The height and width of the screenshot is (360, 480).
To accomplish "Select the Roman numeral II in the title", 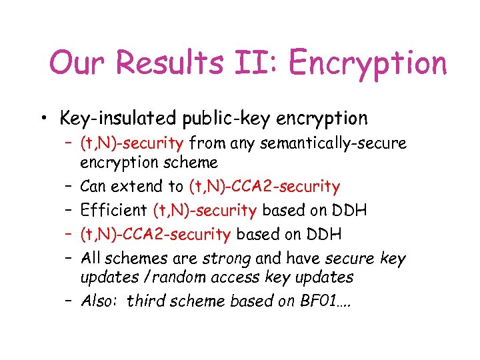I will pyautogui.click(x=261, y=63).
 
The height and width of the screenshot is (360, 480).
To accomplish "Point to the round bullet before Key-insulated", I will pyautogui.click(x=43, y=119).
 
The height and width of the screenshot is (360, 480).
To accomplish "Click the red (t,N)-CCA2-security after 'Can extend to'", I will pyautogui.click(x=265, y=187).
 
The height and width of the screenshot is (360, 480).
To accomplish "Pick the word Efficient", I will pyautogui.click(x=114, y=211).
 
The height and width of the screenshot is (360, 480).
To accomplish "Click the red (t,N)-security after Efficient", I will pyautogui.click(x=205, y=211).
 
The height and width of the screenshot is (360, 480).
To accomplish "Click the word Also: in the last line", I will pyautogui.click(x=100, y=301).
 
